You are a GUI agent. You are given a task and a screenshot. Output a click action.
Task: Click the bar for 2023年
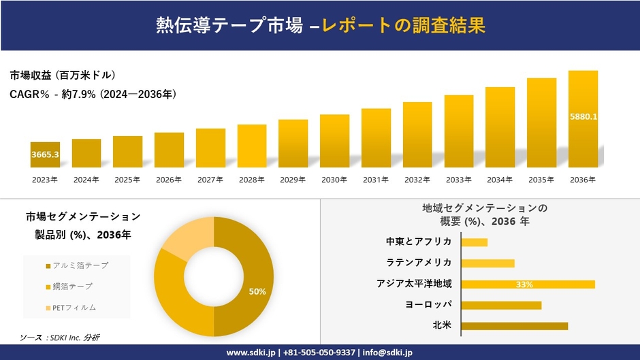coord(45,154)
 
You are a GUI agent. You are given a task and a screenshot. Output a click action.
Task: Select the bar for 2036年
coord(583,119)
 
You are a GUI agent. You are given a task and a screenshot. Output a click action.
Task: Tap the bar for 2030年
coord(334,141)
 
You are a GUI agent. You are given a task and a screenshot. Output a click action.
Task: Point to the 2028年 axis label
coord(251,180)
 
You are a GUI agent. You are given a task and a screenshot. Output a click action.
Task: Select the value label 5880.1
coord(583,116)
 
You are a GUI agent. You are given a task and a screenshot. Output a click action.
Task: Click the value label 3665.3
coord(45,155)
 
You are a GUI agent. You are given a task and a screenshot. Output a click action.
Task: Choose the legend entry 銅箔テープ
coord(71,286)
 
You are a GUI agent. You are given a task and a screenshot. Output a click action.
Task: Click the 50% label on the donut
coord(257,291)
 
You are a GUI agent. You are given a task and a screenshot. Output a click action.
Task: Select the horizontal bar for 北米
coord(514,326)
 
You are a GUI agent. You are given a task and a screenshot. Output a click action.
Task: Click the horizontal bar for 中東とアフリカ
coord(474,242)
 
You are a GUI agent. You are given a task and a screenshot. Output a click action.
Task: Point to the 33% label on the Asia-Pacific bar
coord(524,284)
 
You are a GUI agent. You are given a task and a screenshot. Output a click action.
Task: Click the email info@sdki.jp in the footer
coord(385,353)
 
